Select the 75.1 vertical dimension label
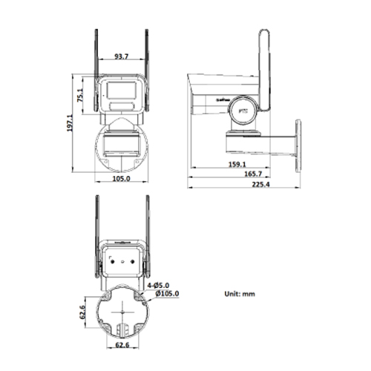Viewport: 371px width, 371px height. pyautogui.click(x=79, y=95)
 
